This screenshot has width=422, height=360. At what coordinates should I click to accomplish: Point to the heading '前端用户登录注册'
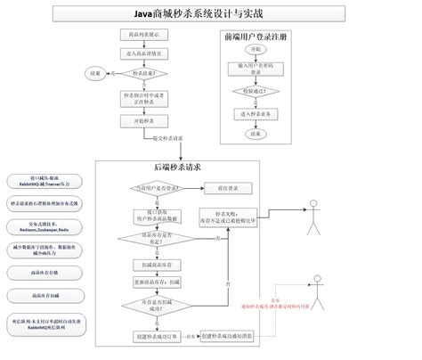(x=256, y=37)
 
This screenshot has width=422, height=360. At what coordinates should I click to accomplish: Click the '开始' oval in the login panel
(x=256, y=49)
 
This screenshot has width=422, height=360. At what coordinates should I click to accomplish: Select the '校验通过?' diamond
(x=256, y=91)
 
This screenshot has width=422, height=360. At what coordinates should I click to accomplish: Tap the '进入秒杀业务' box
(x=256, y=113)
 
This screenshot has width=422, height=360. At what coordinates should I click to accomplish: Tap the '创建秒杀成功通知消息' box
(x=229, y=336)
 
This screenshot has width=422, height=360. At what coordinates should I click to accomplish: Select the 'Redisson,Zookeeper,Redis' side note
(x=45, y=227)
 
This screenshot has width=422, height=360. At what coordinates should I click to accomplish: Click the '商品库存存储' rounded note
(x=45, y=271)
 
